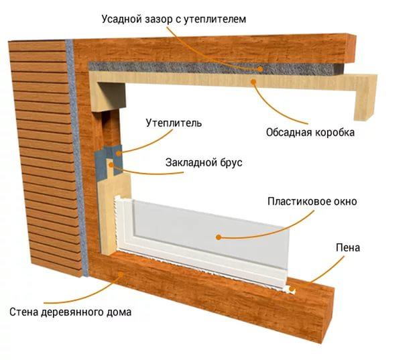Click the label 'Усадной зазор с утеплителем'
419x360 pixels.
pos(174,19)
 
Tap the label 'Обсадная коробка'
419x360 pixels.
pos(310,132)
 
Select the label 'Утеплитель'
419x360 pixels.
pos(174,123)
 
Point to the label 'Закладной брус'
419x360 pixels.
pos(204,162)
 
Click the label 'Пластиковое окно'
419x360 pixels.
pos(312,201)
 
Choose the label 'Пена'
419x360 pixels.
pos(348,248)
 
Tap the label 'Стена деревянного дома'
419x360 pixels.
pos(70,312)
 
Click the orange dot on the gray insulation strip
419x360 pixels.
pos(259,69)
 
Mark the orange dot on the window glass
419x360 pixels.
pos(219,237)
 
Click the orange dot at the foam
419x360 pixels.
pos(292,289)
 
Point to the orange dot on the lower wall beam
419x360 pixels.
pos(121,274)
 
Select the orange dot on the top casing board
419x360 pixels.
pos(253,81)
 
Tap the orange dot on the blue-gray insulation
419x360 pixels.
pos(119,154)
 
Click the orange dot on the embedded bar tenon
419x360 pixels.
pos(111,165)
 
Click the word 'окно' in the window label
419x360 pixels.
pos(345,201)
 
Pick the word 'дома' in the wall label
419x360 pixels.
pos(119,312)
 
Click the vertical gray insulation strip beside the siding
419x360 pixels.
pos(77,158)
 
